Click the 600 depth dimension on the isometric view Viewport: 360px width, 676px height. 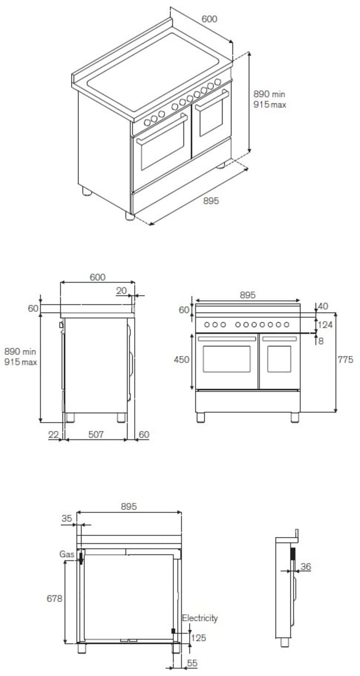[x=208, y=19]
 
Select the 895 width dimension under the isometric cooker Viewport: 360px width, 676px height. [x=211, y=201]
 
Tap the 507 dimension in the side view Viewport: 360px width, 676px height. [x=96, y=434]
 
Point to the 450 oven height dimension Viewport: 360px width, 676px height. [x=182, y=360]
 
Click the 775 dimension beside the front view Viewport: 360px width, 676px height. [x=345, y=359]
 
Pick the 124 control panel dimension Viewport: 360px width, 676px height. [x=326, y=325]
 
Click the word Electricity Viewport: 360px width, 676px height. [x=200, y=618]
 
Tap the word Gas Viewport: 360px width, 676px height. [x=66, y=553]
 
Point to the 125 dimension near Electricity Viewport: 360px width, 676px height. [x=198, y=638]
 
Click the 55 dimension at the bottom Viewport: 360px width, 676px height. [x=192, y=663]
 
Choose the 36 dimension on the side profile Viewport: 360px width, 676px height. [x=306, y=566]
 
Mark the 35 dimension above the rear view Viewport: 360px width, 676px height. [x=66, y=519]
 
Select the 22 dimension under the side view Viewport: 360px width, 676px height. [x=53, y=434]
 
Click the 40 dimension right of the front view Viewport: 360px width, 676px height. [x=323, y=306]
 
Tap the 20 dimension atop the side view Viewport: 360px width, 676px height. [x=122, y=291]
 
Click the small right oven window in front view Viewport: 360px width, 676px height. [x=279, y=359]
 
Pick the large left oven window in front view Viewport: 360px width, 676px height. [x=226, y=359]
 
